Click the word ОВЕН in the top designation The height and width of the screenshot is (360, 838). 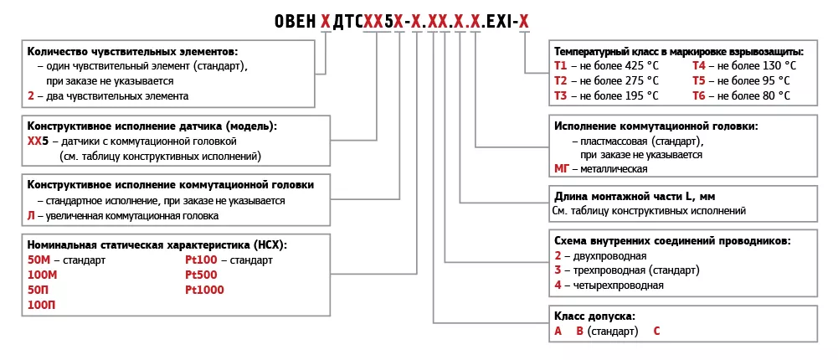tap(296, 21)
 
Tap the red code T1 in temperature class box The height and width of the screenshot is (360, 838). tap(560, 65)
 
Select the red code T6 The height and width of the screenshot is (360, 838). tap(699, 96)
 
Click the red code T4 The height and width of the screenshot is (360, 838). tap(699, 65)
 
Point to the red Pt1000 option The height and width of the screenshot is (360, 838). tap(204, 290)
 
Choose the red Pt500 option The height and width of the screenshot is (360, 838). tap(201, 275)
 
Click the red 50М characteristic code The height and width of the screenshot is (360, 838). tap(39, 260)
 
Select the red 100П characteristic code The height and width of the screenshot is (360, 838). tap(41, 305)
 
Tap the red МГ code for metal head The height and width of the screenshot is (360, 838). tap(562, 169)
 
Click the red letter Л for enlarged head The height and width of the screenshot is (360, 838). tap(31, 216)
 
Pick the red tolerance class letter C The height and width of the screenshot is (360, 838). tap(657, 332)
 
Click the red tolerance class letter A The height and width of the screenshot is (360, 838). tap(558, 332)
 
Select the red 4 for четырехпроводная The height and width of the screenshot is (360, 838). tap(558, 285)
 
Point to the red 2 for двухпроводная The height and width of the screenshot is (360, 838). tap(558, 255)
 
